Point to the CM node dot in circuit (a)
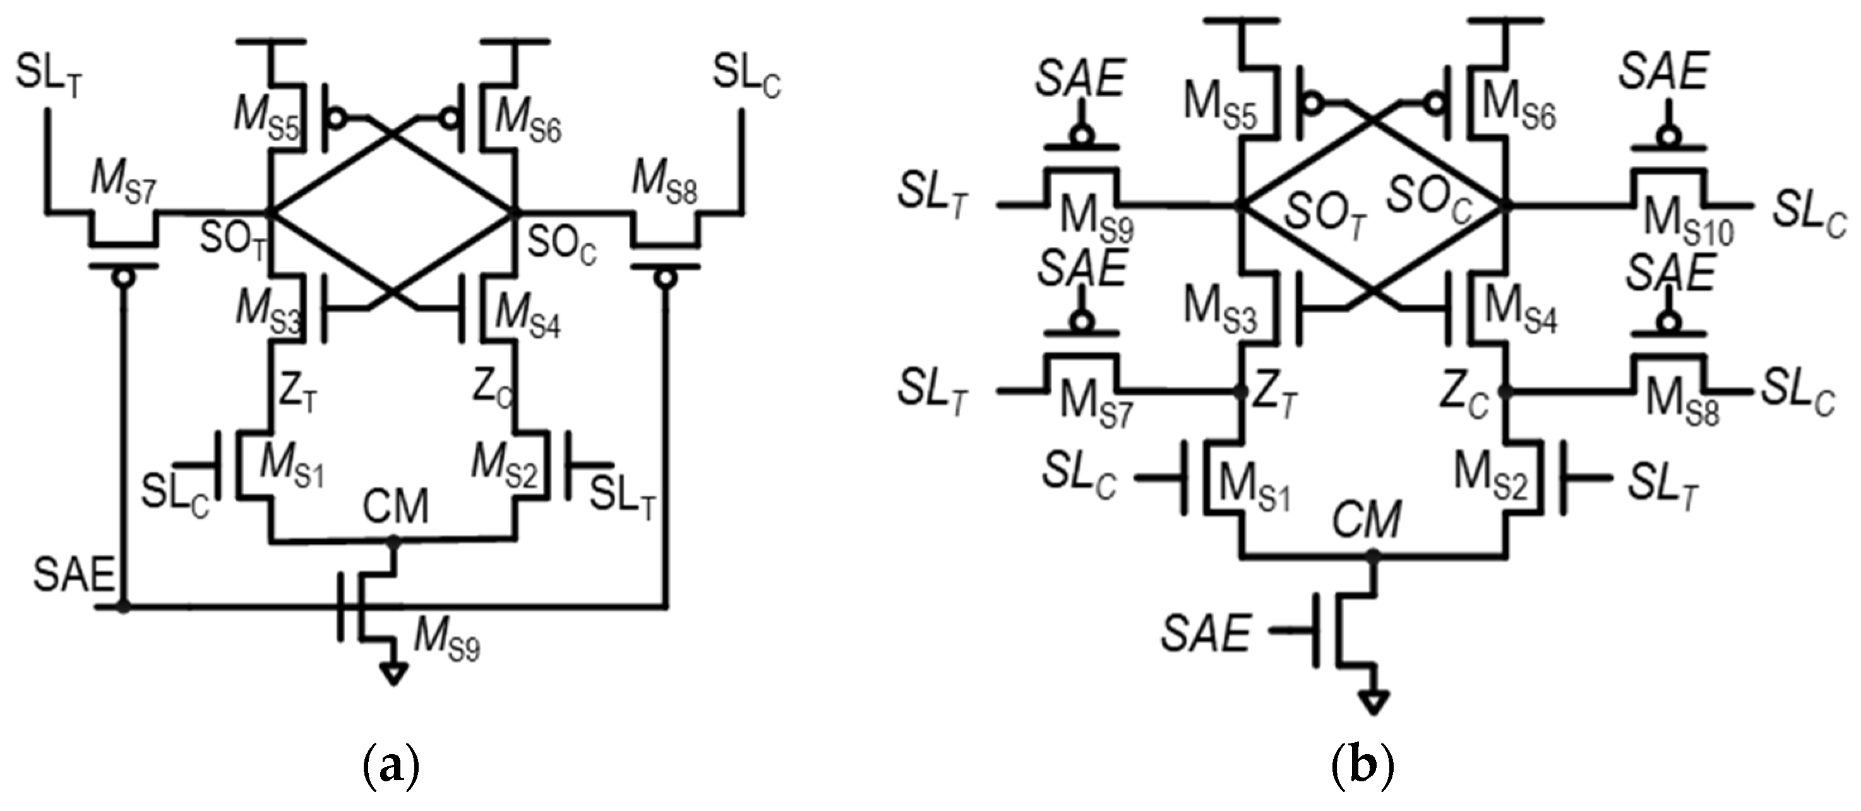393,541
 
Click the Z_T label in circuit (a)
297,393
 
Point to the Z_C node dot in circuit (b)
1505,392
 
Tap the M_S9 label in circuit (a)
446,640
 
